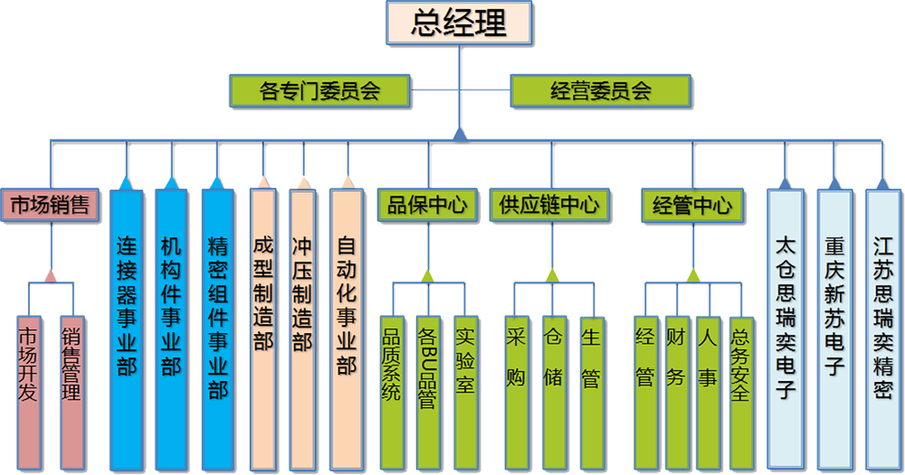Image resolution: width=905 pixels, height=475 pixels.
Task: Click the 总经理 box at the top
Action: pyautogui.click(x=459, y=23)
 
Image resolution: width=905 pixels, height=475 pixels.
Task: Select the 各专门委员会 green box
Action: pyautogui.click(x=319, y=90)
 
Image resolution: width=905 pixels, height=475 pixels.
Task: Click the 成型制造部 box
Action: pyautogui.click(x=262, y=308)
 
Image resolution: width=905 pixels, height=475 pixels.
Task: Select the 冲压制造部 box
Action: pyautogui.click(x=302, y=308)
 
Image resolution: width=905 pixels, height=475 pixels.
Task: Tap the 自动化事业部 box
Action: pyautogui.click(x=346, y=308)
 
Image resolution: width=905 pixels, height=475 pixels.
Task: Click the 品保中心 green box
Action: pyautogui.click(x=426, y=205)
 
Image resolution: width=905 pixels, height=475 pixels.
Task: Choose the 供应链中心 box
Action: pyautogui.click(x=549, y=205)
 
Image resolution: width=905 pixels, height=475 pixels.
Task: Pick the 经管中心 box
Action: pyautogui.click(x=691, y=205)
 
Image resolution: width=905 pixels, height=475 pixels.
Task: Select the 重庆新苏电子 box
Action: pyautogui.click(x=834, y=317)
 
